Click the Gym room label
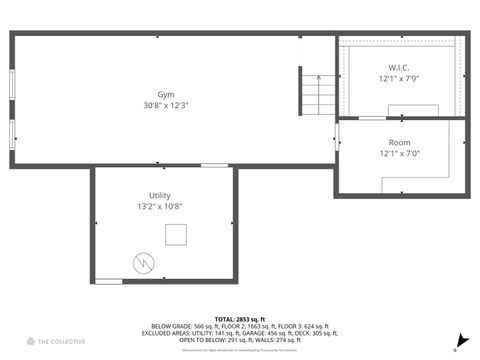(152, 94)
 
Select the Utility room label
(159, 196)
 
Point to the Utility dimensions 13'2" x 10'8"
(159, 207)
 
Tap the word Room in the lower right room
(400, 143)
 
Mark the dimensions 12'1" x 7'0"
(398, 154)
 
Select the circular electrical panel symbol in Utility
(143, 262)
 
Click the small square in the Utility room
(177, 235)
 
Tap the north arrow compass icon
(458, 342)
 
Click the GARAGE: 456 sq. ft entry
(262, 333)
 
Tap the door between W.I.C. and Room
(372, 118)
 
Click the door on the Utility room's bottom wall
(108, 282)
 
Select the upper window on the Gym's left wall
(11, 84)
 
